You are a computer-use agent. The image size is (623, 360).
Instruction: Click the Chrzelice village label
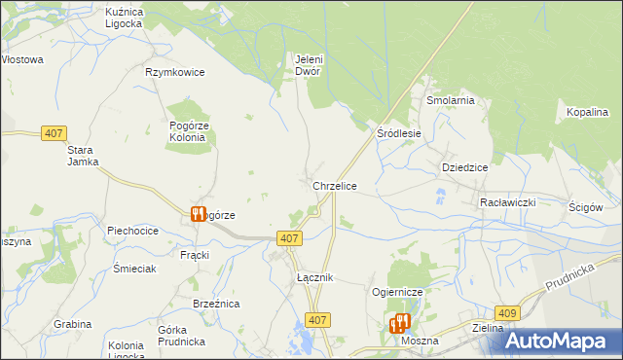334,186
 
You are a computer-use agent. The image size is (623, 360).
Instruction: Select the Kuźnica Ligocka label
125,17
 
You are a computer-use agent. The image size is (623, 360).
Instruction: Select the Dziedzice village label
464,167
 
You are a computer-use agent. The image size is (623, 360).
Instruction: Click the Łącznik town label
315,278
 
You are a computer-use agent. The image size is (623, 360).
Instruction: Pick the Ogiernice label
395,292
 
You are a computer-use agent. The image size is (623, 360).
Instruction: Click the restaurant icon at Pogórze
198,214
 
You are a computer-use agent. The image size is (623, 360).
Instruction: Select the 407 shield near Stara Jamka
54,133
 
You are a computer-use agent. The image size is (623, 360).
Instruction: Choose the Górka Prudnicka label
180,336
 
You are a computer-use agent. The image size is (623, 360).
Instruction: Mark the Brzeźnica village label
216,305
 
